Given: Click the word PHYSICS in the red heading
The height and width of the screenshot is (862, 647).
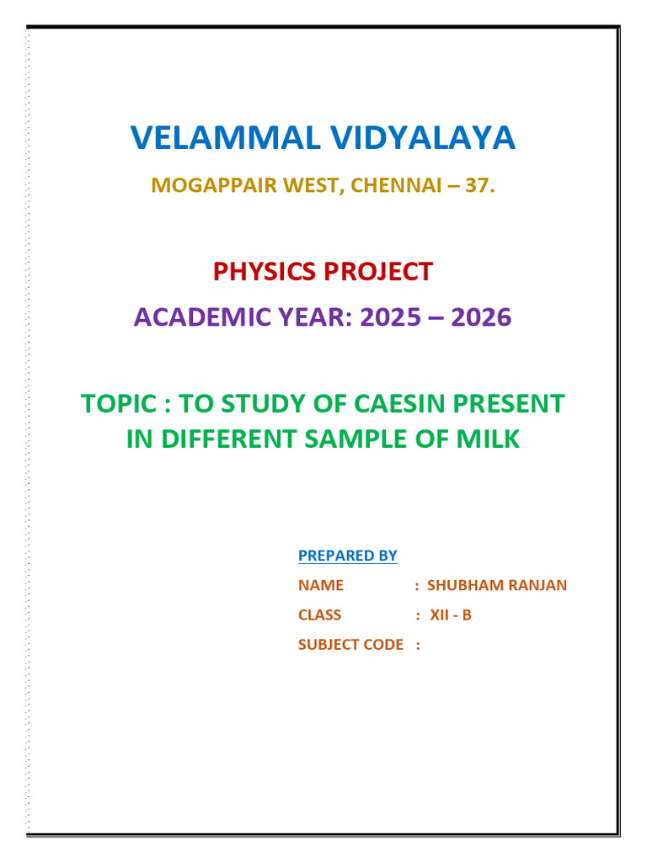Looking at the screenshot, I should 264,272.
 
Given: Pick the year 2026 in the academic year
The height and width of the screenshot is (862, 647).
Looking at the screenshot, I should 481,317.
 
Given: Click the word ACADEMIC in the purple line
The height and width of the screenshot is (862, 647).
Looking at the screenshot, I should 193,317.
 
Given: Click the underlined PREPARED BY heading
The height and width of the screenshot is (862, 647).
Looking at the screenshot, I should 347,556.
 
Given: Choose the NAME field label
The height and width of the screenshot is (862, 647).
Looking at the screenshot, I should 321,586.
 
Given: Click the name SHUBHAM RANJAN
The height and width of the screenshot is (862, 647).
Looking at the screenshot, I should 497,586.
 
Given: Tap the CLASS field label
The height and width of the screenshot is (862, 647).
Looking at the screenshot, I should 320,615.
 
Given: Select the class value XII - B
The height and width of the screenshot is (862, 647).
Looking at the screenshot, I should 451,615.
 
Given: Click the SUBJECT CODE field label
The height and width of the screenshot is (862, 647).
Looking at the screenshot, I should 350,645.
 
